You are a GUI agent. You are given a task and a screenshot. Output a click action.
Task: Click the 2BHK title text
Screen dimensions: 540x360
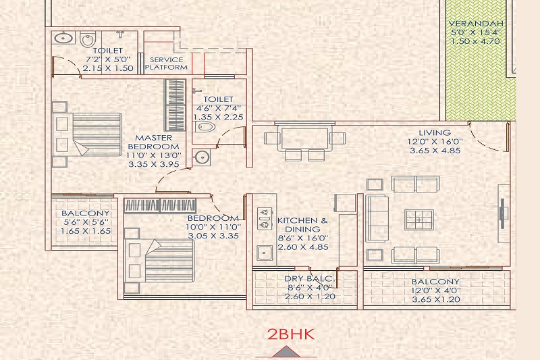click(291, 334)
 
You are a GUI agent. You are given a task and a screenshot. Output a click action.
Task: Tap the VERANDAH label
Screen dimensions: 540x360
click(476, 24)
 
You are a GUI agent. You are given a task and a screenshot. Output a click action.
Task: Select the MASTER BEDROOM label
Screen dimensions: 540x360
click(154, 142)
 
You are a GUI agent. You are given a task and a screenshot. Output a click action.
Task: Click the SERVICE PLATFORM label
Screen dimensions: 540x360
click(166, 63)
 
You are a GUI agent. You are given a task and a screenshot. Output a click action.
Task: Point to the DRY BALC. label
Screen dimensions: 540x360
click(310, 279)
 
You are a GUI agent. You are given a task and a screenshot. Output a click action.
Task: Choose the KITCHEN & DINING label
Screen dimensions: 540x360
click(302, 225)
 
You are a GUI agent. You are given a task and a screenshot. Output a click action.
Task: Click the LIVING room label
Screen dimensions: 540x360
click(435, 132)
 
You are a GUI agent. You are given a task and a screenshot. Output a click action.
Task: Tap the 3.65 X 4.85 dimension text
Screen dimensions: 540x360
click(435, 151)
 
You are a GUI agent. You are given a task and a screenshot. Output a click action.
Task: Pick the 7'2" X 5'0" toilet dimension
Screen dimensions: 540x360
click(108, 59)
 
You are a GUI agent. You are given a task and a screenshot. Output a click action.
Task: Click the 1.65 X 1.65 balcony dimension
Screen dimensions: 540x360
click(86, 231)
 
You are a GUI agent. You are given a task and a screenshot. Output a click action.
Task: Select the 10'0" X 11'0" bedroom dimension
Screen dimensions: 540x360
click(213, 227)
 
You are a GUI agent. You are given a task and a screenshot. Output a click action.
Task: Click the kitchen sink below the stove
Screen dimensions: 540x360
click(265, 254)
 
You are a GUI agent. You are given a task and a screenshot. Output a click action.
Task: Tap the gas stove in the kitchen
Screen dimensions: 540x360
click(264, 219)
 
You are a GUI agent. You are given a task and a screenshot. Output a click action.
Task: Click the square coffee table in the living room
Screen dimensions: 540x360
click(419, 220)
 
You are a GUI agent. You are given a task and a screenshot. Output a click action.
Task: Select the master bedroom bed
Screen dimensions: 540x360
click(87, 134)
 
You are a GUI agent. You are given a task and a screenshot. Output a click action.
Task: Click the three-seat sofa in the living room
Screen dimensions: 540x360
click(377, 219)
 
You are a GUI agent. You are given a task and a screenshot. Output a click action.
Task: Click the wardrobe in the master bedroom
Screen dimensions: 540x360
click(175, 105)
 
